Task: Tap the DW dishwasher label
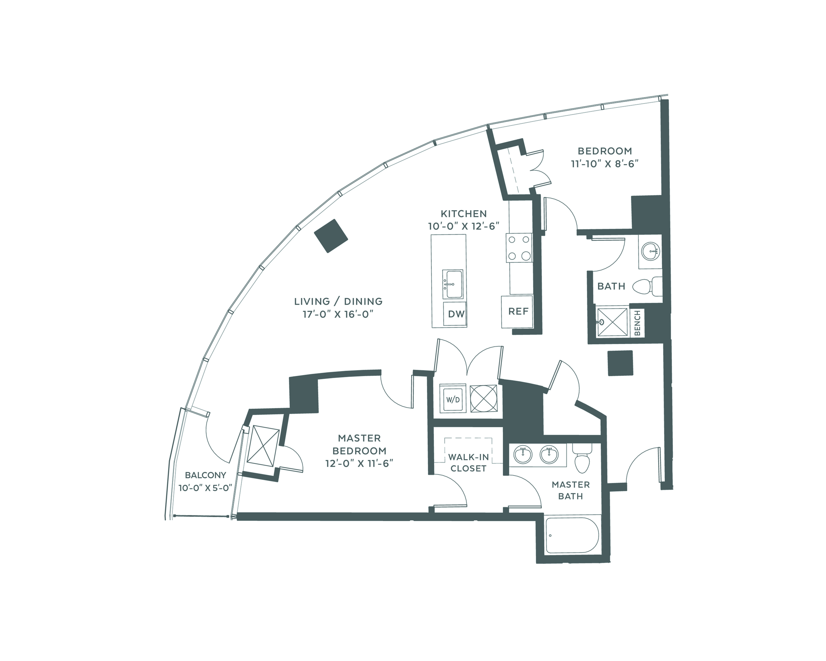click(456, 314)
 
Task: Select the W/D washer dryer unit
click(453, 399)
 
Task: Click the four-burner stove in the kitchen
click(519, 248)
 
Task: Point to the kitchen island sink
click(452, 284)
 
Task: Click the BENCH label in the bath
click(637, 323)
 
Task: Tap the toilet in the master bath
click(582, 458)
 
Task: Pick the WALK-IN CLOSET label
click(468, 463)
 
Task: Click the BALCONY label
click(205, 475)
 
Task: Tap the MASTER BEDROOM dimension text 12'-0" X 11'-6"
click(359, 463)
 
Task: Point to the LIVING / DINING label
click(338, 301)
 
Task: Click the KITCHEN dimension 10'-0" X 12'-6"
click(463, 226)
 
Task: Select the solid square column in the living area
click(331, 236)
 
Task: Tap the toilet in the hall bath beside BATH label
click(647, 286)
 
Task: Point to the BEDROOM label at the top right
click(605, 151)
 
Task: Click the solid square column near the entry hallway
click(620, 363)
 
